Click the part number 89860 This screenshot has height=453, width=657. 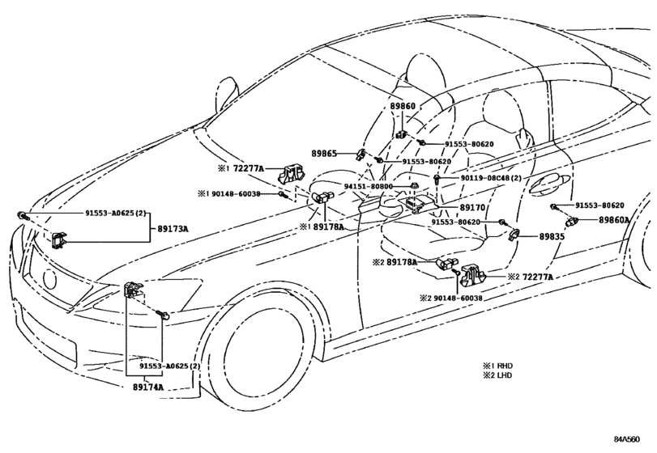pos(403,106)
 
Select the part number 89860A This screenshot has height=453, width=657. pos(613,219)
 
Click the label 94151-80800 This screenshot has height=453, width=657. pos(369,186)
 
